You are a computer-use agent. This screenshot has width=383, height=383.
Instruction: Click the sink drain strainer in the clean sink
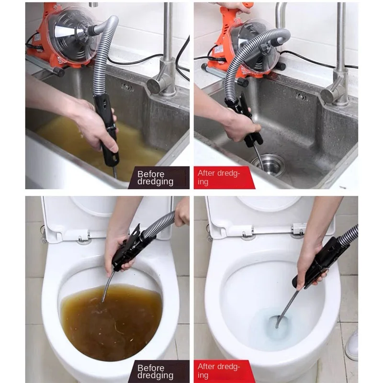click(x=268, y=165)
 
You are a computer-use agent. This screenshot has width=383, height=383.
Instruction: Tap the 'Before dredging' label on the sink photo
click(x=155, y=178)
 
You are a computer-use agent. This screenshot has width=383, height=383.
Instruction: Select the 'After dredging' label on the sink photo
click(x=219, y=177)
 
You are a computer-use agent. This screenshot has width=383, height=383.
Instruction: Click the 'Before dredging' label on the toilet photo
click(x=155, y=372)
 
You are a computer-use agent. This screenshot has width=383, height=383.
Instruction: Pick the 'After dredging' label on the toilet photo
click(x=219, y=371)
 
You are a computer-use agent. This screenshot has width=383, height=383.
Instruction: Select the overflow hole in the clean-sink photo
click(x=302, y=97)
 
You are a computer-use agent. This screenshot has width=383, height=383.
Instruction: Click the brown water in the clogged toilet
click(x=111, y=322)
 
